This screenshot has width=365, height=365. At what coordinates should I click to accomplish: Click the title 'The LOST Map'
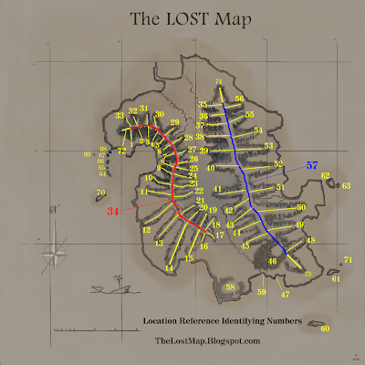tap(182, 18)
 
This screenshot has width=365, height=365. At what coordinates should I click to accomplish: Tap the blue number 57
tap(313, 166)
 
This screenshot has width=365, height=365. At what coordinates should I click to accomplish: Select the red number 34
tap(113, 212)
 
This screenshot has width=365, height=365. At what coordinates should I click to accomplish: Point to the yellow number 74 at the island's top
tap(219, 83)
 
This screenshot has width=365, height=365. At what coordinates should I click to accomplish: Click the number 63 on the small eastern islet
tap(346, 185)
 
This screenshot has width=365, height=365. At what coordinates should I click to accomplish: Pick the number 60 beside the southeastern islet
tap(325, 328)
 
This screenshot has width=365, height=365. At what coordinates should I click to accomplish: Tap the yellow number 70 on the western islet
tap(101, 192)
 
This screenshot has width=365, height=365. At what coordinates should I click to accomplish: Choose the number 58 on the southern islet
tap(231, 287)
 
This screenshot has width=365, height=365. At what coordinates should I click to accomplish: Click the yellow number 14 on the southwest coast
tap(169, 269)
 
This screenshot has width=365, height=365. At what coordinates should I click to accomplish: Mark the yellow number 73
tap(308, 274)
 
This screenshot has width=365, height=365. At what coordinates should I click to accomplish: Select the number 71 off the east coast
tap(348, 261)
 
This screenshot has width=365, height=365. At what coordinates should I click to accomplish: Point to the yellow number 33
tap(120, 116)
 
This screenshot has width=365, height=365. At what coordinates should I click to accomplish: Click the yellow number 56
tap(239, 99)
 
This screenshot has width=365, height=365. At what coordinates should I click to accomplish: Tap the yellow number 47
tap(285, 295)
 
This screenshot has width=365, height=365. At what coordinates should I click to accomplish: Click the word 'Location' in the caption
tap(162, 321)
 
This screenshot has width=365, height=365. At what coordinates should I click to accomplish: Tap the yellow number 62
tap(325, 175)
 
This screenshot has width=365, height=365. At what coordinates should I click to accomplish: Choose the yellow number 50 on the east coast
tap(301, 208)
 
